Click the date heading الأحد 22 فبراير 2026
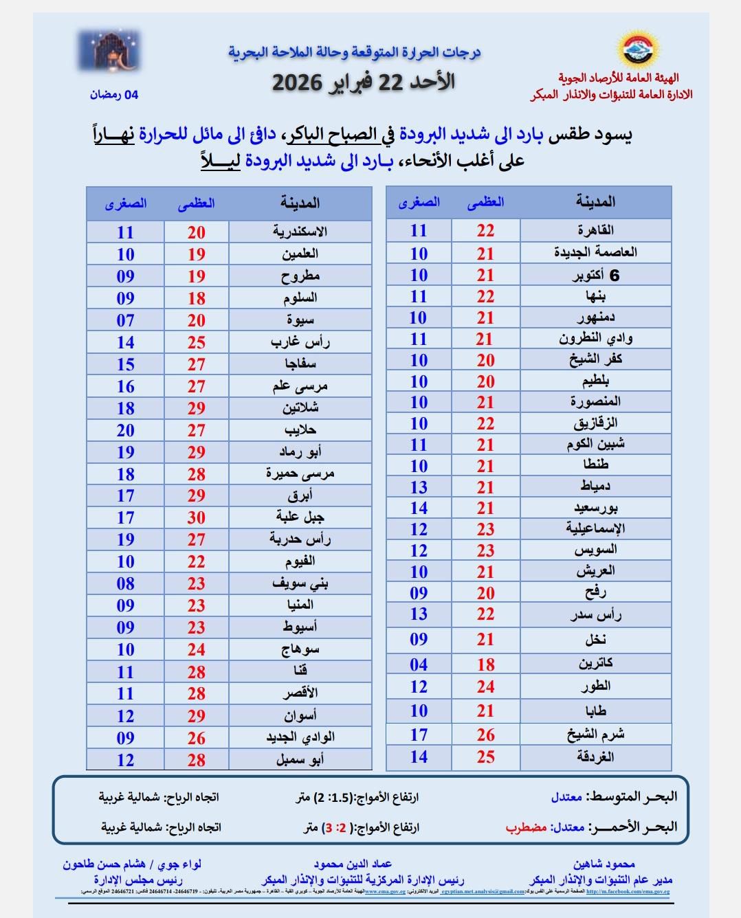tap(364, 82)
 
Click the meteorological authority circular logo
tap(639, 49)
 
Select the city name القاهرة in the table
tap(596, 230)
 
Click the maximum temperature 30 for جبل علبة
tap(197, 517)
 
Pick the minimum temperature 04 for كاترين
tap(419, 664)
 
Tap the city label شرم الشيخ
tap(595, 734)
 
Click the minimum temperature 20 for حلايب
tap(125, 430)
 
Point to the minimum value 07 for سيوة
tap(125, 320)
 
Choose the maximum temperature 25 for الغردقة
tap(485, 757)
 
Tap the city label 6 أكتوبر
tap(595, 276)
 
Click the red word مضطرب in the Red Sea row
tap(527, 827)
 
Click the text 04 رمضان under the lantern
tap(113, 95)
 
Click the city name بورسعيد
tap(595, 508)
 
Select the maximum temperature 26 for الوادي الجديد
tap(197, 737)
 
